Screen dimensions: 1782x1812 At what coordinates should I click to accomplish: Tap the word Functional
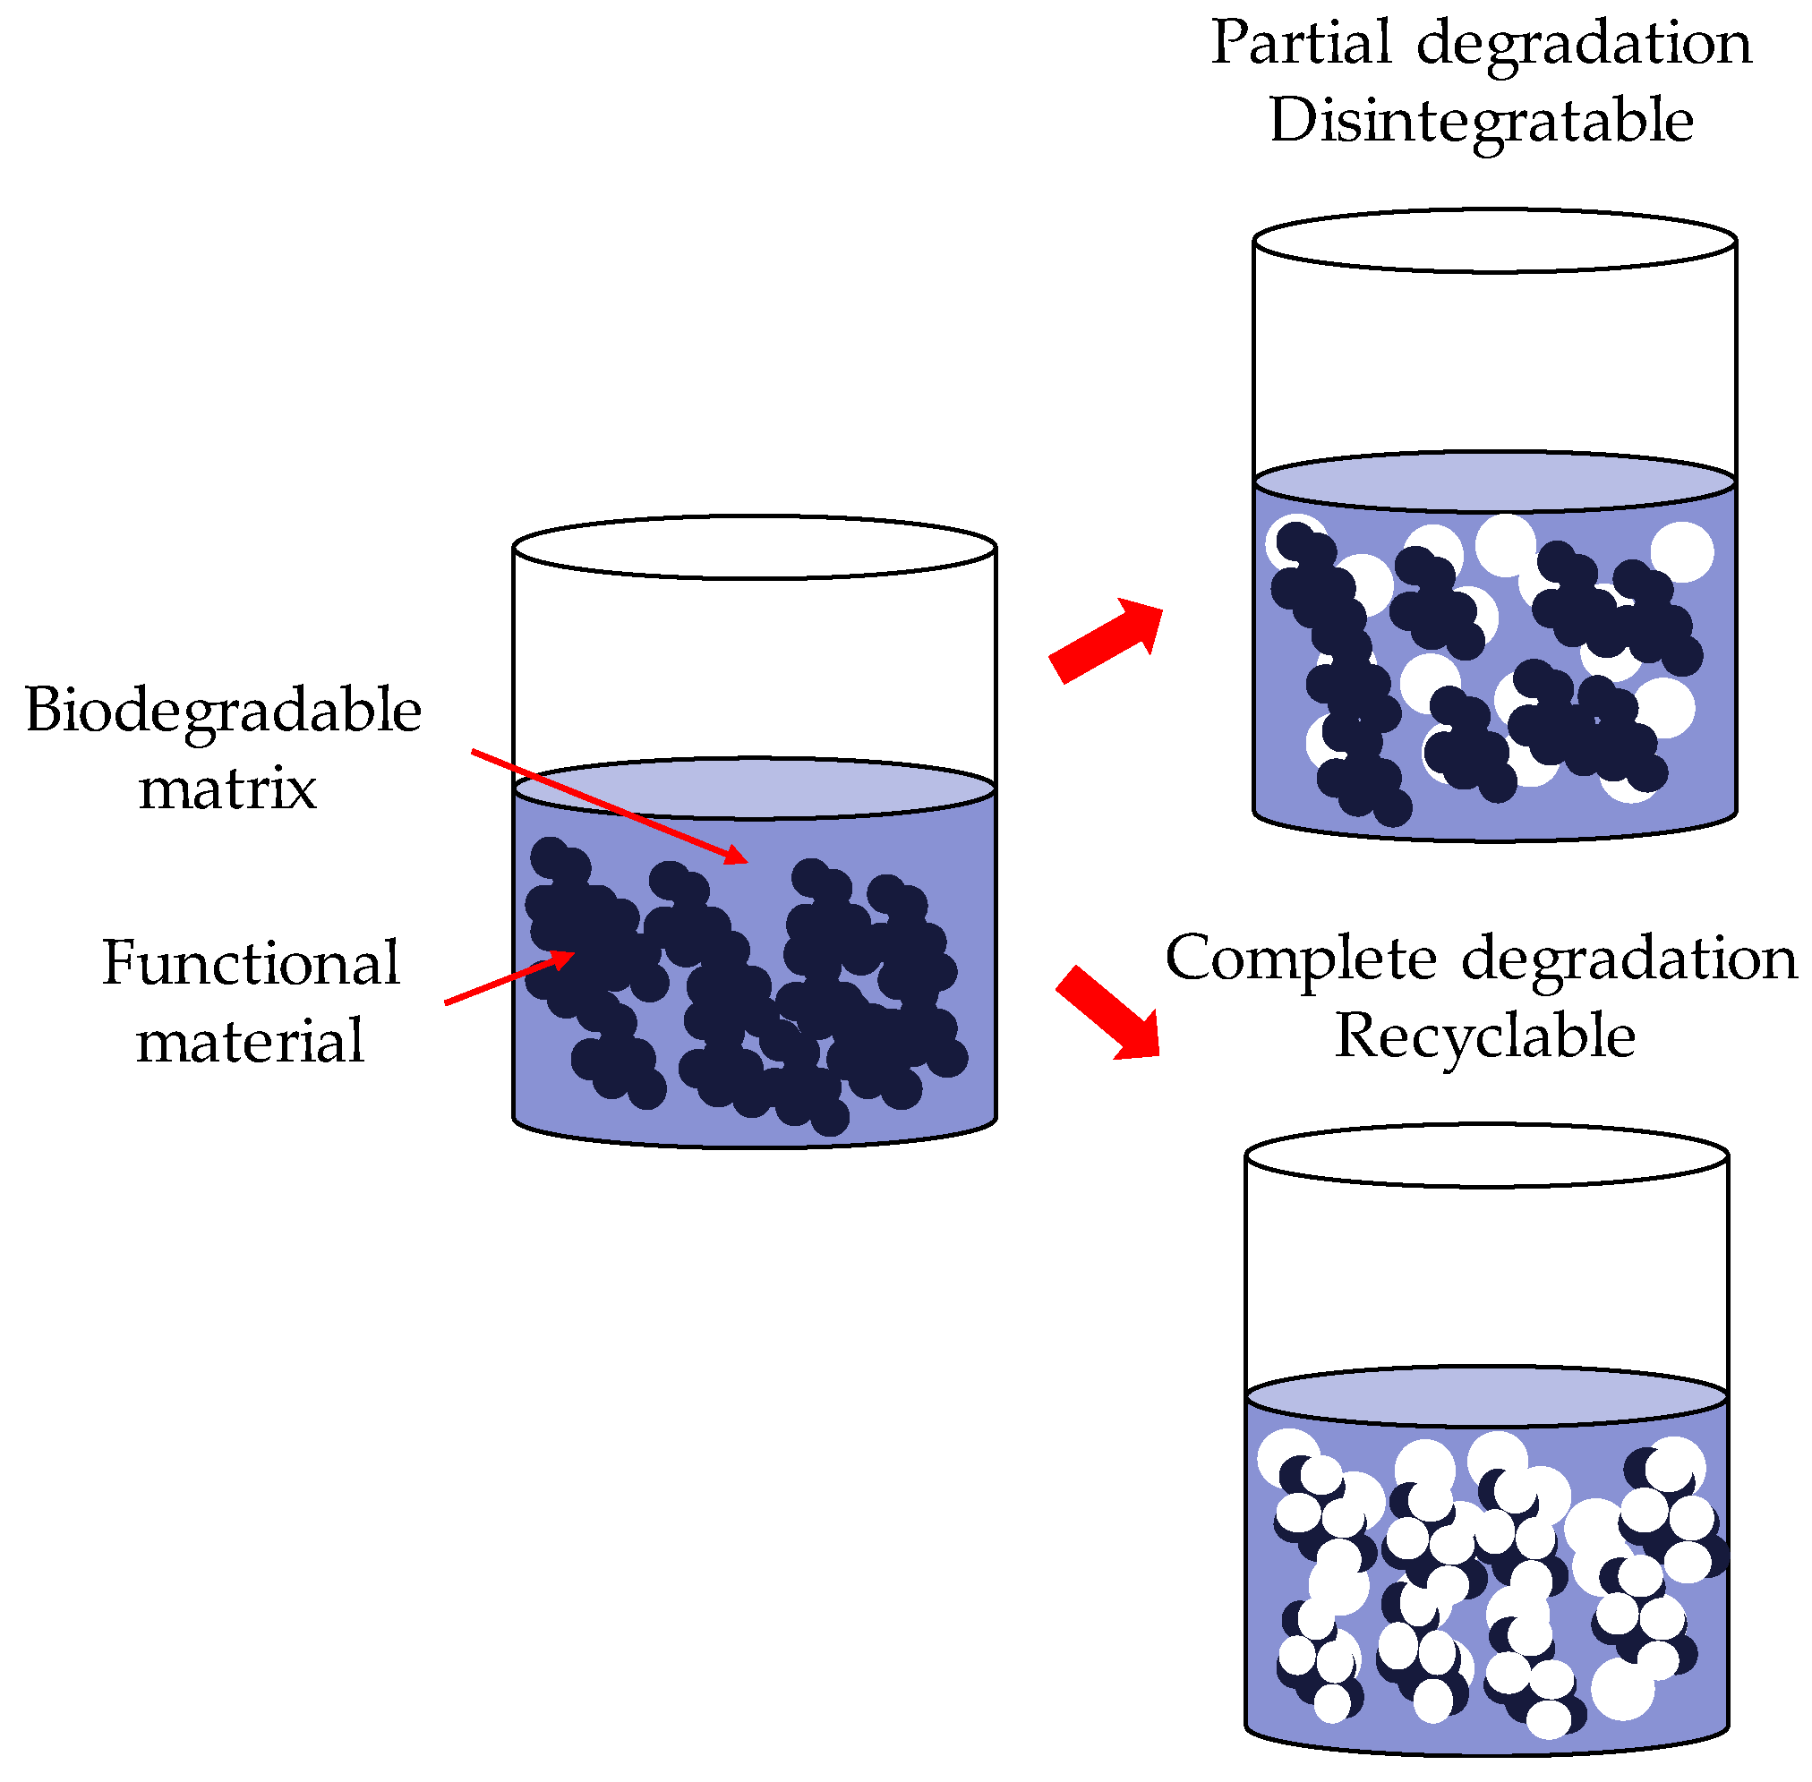250,963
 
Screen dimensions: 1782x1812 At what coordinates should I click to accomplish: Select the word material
250,1041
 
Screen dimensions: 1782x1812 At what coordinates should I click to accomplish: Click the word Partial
1301,43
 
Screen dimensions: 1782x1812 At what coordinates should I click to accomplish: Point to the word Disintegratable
1481,122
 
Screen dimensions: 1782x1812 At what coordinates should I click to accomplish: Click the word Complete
1300,959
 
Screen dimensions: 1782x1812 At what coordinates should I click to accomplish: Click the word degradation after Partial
1584,45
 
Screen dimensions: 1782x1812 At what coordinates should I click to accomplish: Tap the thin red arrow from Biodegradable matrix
609,806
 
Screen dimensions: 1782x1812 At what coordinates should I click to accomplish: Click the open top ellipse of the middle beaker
754,547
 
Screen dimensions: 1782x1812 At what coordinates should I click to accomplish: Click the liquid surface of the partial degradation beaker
1494,482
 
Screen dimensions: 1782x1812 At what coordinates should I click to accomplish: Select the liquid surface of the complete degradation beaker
1485,1396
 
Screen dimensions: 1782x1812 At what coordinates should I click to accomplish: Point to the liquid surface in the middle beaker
754,788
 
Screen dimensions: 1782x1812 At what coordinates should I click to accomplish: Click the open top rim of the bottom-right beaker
1485,1155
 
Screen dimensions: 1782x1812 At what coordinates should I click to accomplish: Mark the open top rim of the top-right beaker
1494,241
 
